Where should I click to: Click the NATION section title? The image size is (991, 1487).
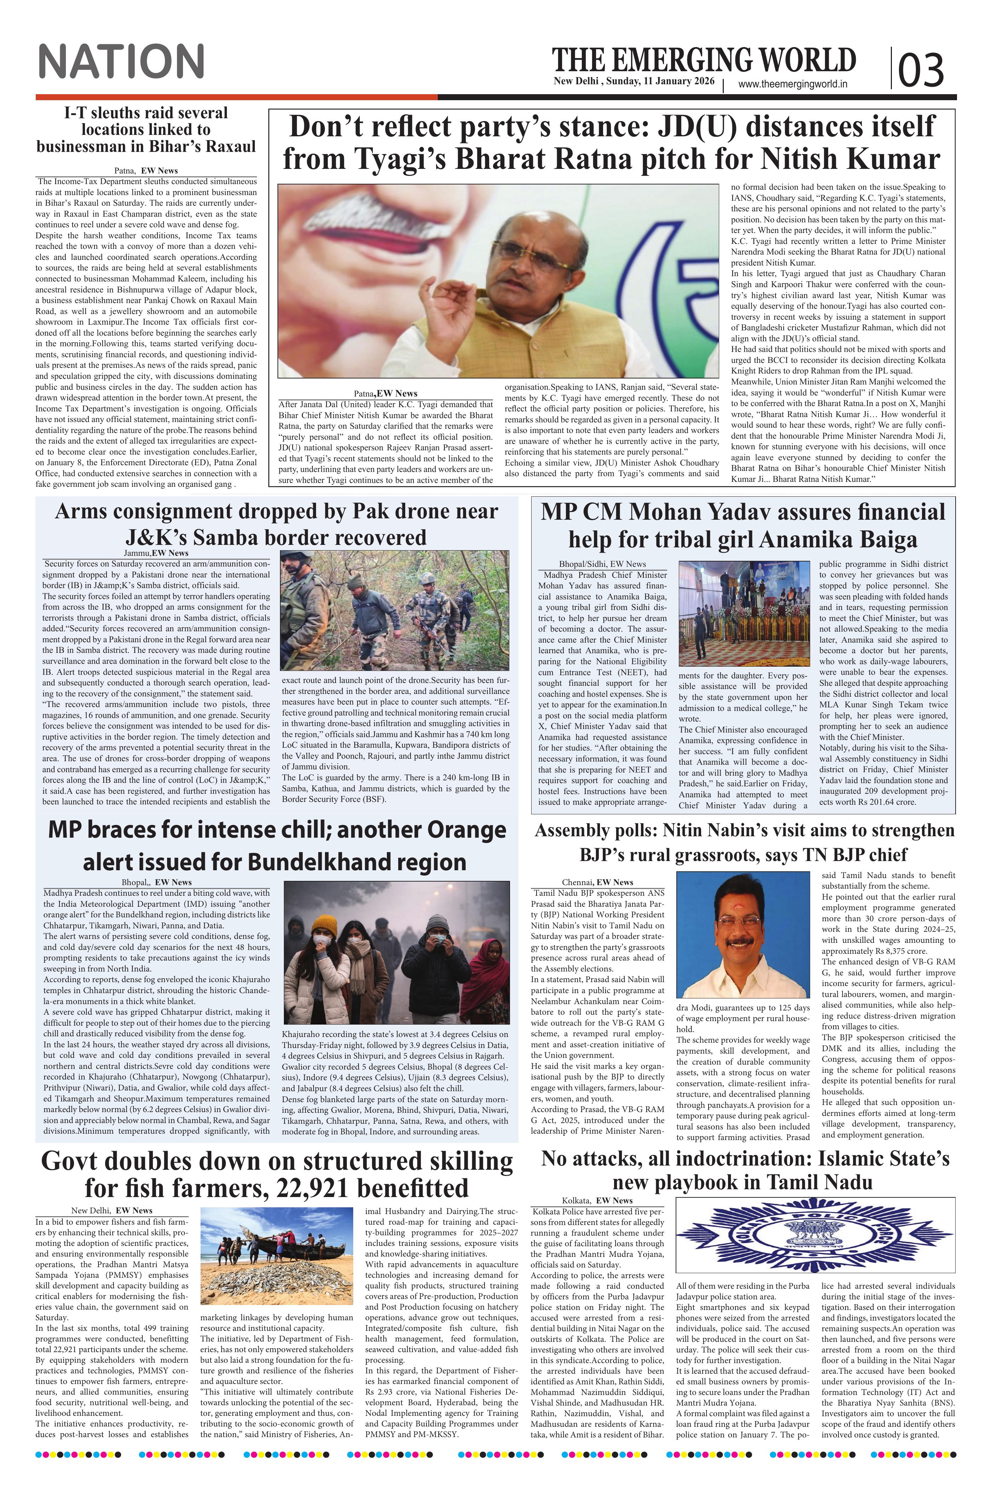(x=121, y=61)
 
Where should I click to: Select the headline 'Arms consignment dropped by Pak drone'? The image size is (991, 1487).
(x=276, y=524)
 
